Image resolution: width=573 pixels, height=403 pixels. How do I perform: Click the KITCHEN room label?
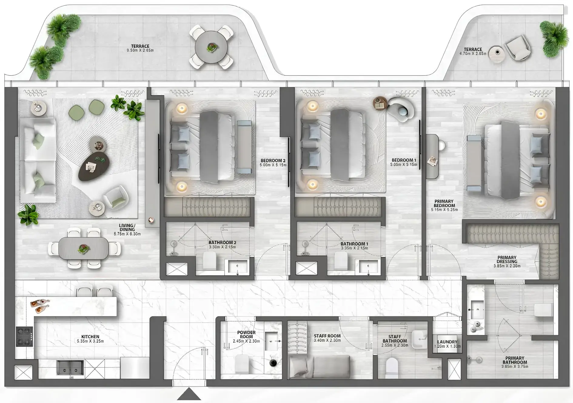[90, 337]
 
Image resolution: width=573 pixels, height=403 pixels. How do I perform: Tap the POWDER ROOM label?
[246, 334]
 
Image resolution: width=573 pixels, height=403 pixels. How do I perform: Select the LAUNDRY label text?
[447, 342]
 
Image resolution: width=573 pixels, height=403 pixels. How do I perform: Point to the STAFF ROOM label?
[327, 336]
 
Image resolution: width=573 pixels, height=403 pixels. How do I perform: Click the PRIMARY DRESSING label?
[507, 259]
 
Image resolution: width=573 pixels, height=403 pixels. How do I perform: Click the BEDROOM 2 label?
[273, 161]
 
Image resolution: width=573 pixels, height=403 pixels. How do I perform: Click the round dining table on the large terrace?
[211, 47]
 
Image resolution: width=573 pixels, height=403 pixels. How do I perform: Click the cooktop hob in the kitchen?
[24, 336]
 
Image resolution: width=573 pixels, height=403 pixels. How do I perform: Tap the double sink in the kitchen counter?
[70, 367]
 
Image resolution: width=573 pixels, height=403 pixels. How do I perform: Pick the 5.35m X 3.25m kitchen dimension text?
[90, 341]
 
